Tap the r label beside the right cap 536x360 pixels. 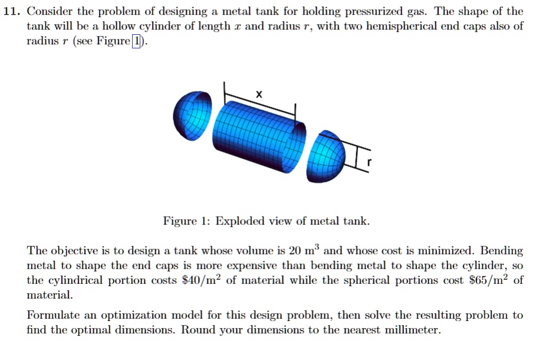click(369, 162)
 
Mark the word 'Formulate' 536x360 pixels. click(52, 315)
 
